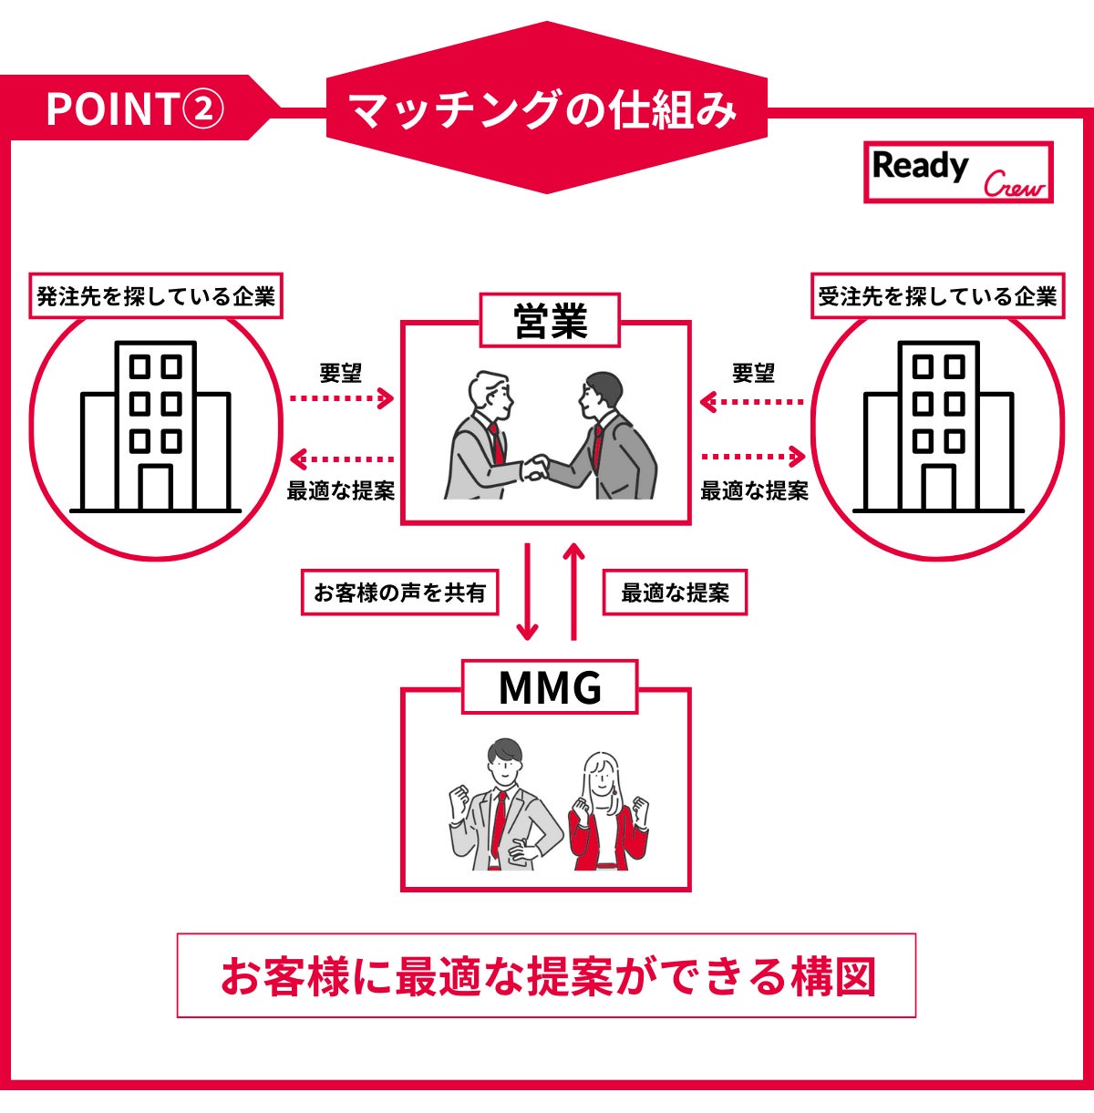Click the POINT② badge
pyautogui.click(x=133, y=109)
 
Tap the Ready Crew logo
pyautogui.click(x=958, y=172)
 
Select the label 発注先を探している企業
pyautogui.click(x=156, y=296)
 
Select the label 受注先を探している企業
pyautogui.click(x=937, y=296)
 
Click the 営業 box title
pyautogui.click(x=550, y=321)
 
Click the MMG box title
pyautogui.click(x=550, y=687)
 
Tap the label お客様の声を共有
pyautogui.click(x=399, y=593)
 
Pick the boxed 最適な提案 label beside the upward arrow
pyautogui.click(x=675, y=593)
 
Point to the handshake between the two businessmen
pyautogui.click(x=535, y=468)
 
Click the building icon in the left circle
pyautogui.click(x=156, y=427)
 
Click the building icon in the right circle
pyautogui.click(x=938, y=427)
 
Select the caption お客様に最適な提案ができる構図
pyautogui.click(x=546, y=975)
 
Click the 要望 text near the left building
pyautogui.click(x=341, y=373)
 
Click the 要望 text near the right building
pyautogui.click(x=753, y=373)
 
